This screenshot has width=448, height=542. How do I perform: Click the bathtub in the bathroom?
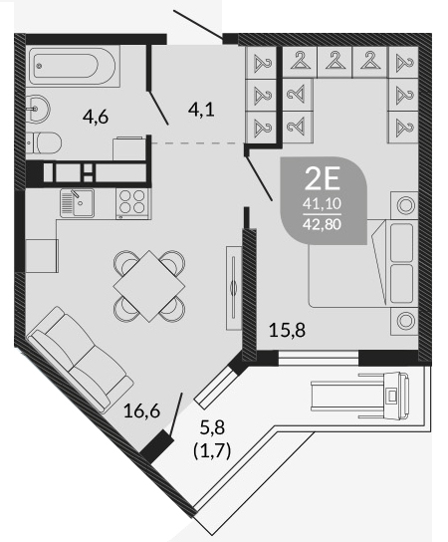(74, 66)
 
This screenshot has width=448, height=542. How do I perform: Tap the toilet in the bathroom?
(44, 143)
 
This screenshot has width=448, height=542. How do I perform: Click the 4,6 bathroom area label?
(96, 117)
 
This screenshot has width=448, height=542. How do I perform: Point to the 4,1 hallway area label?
(201, 110)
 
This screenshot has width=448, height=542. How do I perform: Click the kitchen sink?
(77, 203)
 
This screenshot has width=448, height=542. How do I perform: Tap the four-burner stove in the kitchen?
(132, 204)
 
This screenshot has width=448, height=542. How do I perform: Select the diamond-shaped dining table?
(149, 286)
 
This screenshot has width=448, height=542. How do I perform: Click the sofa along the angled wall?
(80, 360)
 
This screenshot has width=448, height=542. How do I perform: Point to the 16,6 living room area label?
(141, 411)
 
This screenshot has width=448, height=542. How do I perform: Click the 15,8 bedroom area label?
(287, 330)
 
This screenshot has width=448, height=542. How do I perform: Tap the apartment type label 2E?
(323, 178)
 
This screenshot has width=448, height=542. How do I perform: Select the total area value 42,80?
(322, 224)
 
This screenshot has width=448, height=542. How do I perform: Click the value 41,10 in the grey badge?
(322, 204)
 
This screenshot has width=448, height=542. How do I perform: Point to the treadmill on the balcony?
(360, 396)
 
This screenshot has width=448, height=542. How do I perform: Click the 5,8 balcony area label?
(212, 428)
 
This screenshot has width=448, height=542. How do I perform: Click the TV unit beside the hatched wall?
(234, 287)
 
